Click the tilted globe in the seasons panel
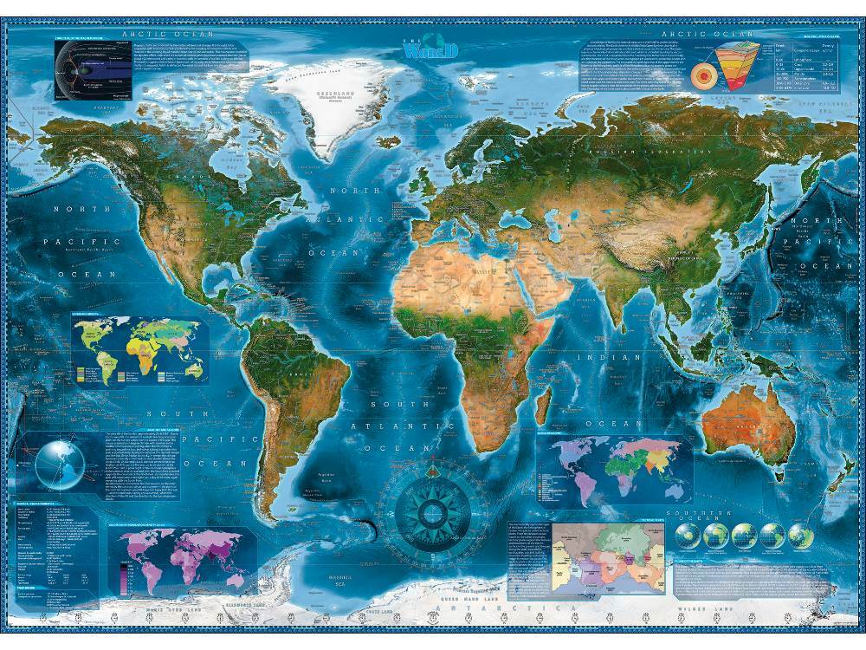[x=59, y=463]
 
